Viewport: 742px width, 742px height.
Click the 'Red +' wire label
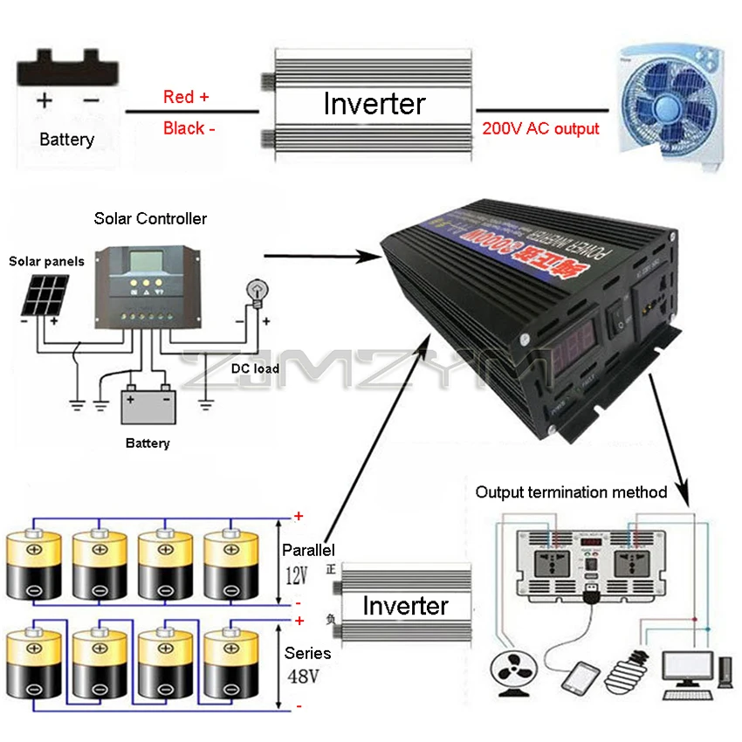click(186, 97)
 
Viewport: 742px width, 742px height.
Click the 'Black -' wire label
click(189, 128)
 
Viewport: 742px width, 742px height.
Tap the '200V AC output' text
click(540, 128)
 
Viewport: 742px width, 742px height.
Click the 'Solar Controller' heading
click(150, 218)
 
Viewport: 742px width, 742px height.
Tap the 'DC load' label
click(255, 368)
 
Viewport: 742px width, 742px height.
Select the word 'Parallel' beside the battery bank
click(308, 551)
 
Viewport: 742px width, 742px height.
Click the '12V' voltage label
click(297, 576)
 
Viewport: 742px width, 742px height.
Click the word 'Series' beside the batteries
click(307, 653)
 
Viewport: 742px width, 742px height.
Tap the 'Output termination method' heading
click(571, 492)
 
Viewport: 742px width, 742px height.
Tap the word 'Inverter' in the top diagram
click(374, 104)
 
